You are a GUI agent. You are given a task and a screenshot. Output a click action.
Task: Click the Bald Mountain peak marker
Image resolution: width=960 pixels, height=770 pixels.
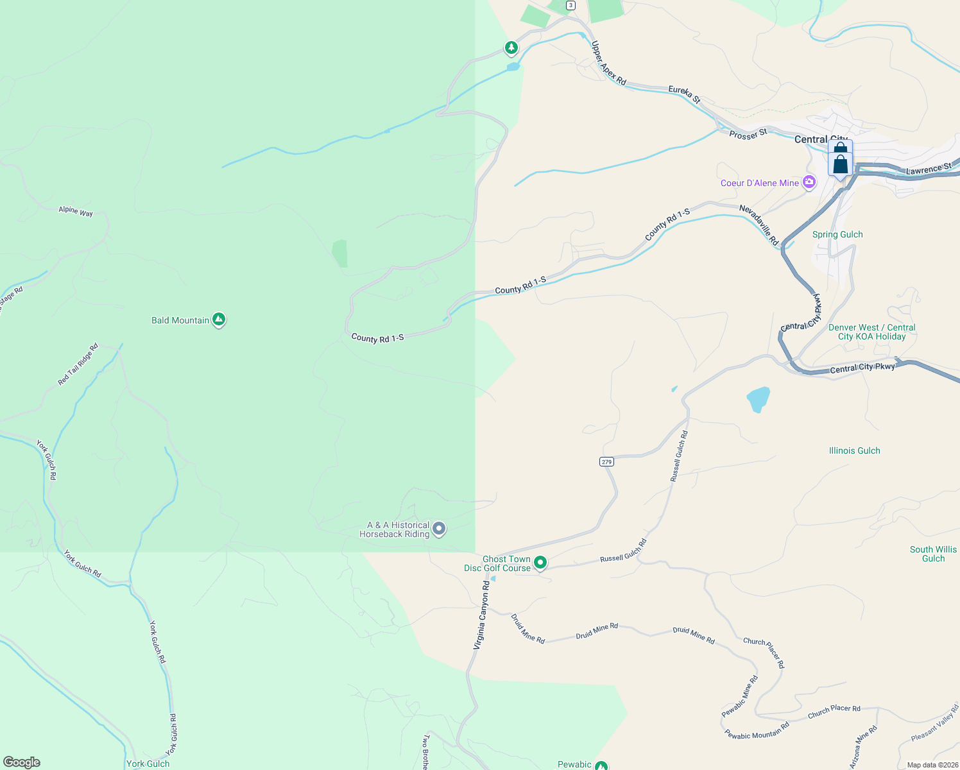219,319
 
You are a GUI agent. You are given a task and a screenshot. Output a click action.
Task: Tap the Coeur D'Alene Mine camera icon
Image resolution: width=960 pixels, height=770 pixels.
809,182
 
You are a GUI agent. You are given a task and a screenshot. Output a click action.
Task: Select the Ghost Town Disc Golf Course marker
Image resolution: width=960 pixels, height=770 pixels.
540,563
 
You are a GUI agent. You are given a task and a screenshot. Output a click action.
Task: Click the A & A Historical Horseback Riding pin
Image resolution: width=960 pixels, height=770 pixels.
439,529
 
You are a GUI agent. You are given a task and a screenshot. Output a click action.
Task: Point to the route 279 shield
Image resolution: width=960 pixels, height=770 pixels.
606,461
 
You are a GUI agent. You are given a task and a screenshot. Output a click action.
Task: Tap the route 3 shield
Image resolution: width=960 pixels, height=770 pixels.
570,5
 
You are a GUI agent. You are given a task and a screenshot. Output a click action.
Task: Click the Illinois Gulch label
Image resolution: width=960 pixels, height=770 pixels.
854,450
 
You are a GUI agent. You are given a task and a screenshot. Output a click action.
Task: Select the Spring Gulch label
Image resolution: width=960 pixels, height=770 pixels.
837,234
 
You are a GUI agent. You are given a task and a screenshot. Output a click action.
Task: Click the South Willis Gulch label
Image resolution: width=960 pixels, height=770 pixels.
933,554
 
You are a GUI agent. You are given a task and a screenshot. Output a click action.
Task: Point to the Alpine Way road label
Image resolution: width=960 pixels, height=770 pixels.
76,211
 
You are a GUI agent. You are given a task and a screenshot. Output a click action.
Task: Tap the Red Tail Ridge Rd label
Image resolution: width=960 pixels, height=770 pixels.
78,364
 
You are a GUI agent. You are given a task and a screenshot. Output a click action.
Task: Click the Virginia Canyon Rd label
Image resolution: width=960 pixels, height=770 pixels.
481,615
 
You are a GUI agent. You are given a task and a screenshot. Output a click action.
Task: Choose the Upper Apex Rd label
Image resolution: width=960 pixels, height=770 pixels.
608,63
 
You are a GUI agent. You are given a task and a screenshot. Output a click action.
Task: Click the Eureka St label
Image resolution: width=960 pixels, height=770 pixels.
684,94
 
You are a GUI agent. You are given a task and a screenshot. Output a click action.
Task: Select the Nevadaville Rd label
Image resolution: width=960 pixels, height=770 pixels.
759,225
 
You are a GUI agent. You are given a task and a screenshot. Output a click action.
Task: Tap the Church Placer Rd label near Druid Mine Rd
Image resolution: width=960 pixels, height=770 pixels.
764,653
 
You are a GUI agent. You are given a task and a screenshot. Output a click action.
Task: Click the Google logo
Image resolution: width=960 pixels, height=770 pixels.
22,762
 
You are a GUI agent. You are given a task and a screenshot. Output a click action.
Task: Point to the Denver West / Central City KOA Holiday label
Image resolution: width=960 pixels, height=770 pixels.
871,332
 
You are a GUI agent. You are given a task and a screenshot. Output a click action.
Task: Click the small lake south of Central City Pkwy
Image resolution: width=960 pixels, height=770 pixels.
758,399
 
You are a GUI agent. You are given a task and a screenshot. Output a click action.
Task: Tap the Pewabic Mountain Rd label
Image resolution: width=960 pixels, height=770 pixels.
757,733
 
